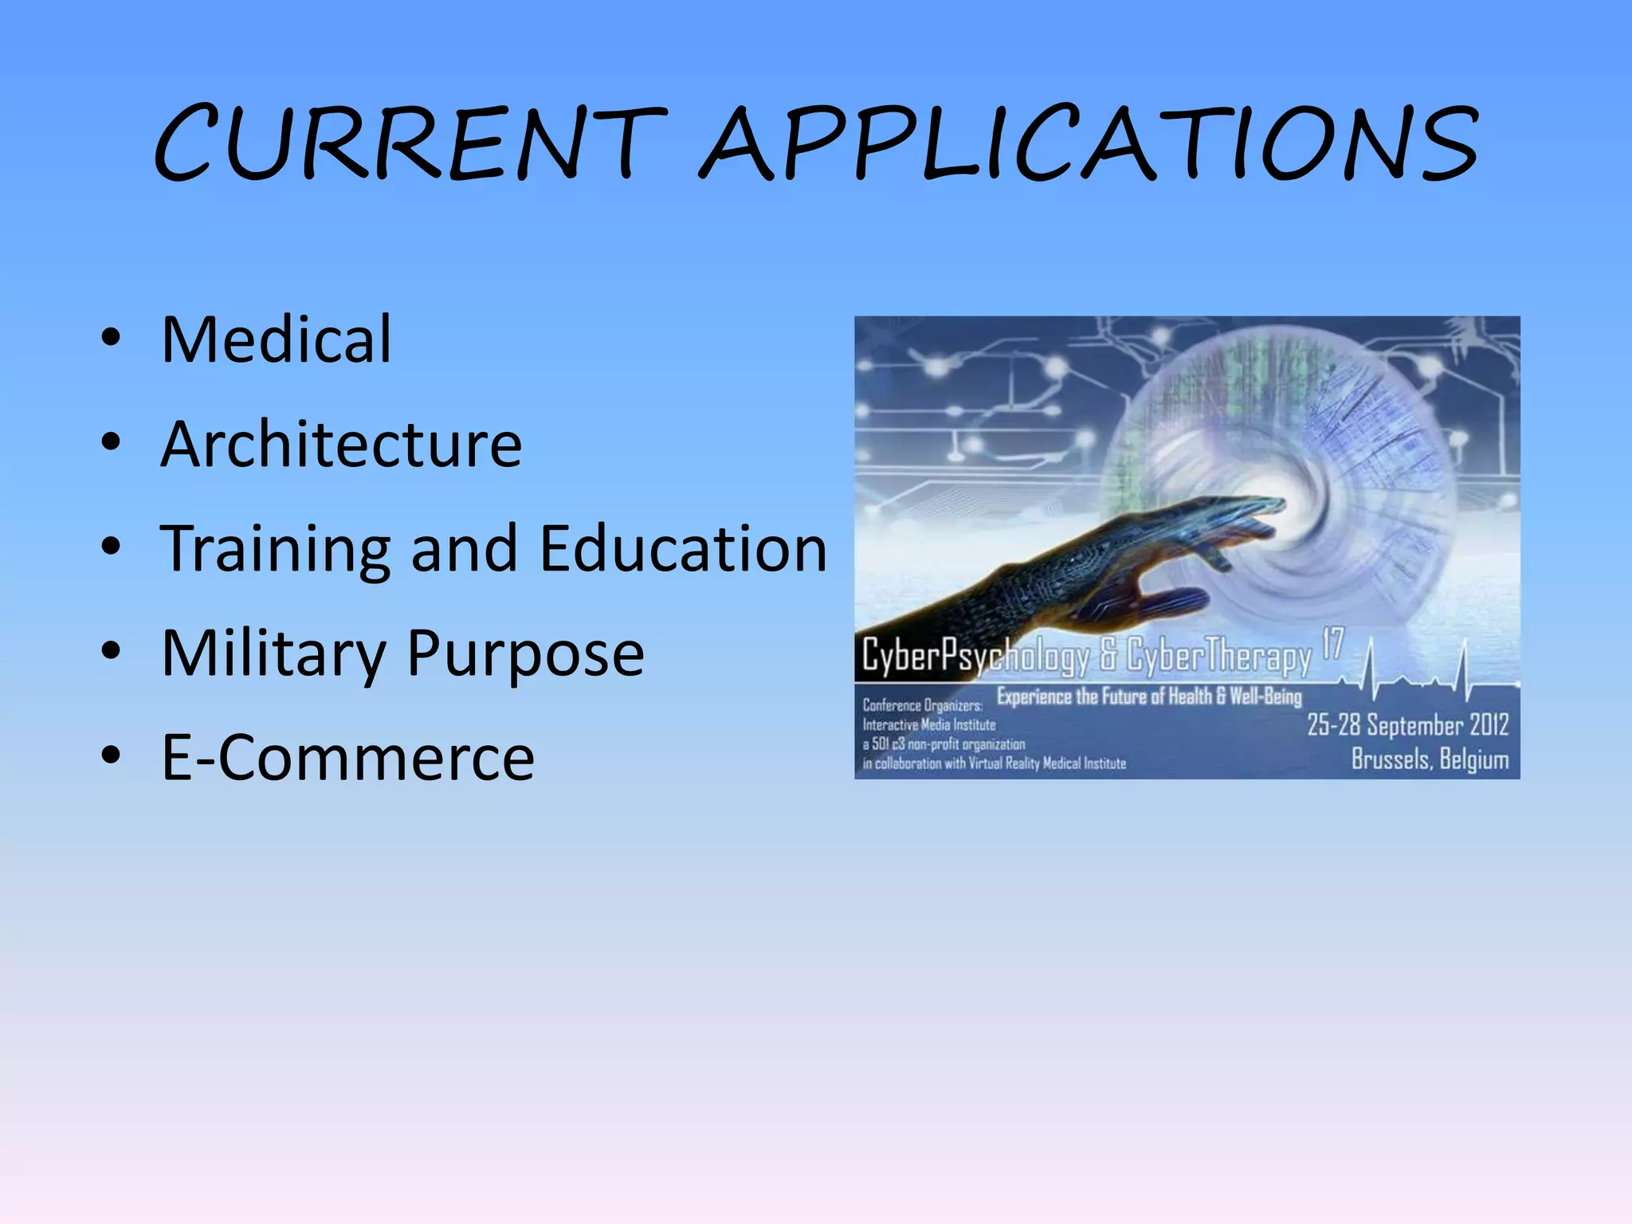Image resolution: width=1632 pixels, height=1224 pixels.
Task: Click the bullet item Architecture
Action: point(341,444)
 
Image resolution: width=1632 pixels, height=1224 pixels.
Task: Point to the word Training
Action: point(275,549)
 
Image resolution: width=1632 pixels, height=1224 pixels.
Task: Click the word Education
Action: point(684,549)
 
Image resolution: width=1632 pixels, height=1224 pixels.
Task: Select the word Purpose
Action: point(525,653)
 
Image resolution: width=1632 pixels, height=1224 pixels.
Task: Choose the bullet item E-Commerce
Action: point(347,758)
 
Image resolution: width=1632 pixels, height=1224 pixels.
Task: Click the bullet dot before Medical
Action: point(111,339)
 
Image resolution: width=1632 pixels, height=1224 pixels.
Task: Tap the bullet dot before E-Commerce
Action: point(111,755)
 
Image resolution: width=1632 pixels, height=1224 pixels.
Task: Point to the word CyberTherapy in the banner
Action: point(1218,657)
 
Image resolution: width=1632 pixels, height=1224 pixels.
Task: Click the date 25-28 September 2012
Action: point(1407,725)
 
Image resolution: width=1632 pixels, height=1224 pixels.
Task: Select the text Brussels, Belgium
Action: point(1430,759)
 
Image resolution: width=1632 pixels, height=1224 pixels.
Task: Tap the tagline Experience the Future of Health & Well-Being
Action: point(1149,697)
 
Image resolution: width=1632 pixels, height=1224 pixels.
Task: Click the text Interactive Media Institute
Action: point(929,725)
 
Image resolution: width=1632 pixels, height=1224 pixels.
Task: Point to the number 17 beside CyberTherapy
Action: point(1333,644)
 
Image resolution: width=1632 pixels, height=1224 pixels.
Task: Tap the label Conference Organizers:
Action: point(922,706)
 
